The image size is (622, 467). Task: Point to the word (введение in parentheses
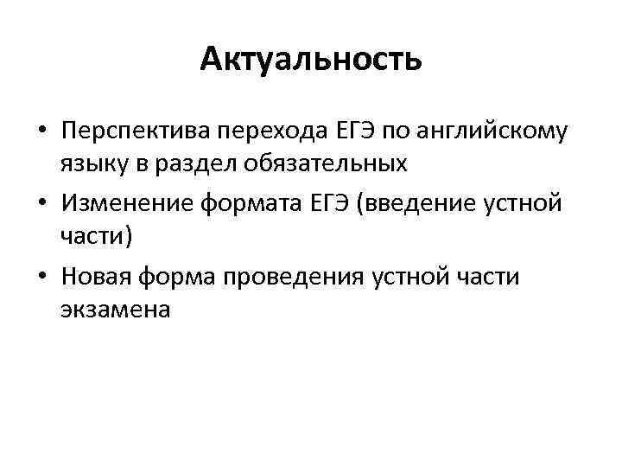coord(420,203)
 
